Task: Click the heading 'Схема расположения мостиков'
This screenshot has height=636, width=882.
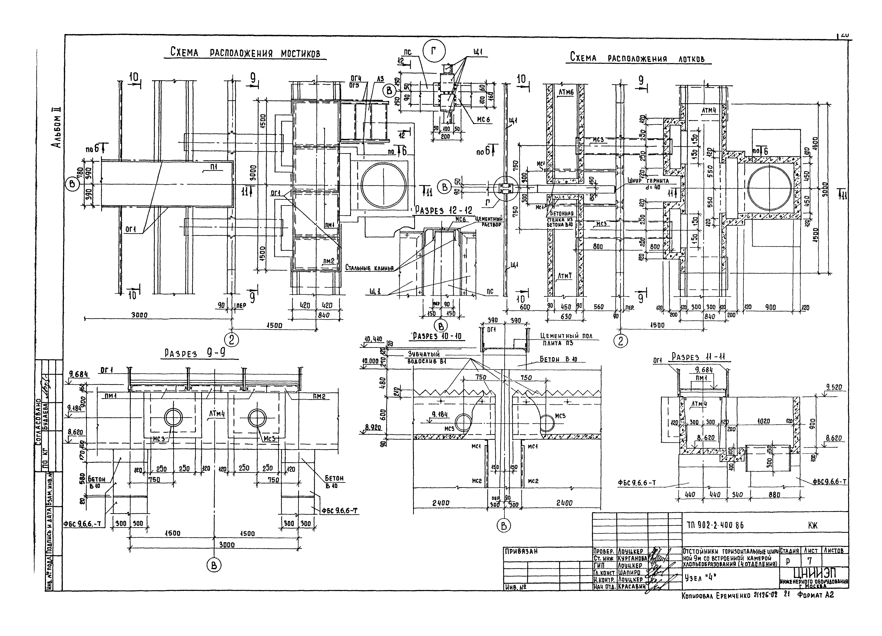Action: pos(245,53)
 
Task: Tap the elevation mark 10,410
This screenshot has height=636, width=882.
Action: pos(373,339)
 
